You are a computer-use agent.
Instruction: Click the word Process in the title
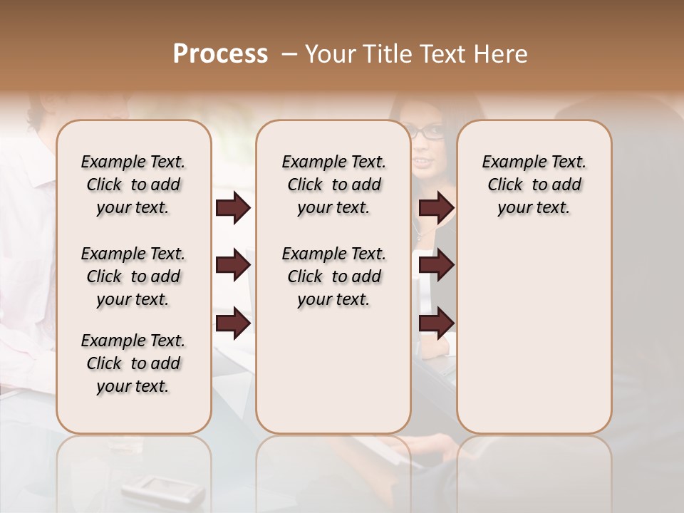click(x=220, y=54)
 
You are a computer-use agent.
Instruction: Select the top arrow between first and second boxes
click(x=233, y=208)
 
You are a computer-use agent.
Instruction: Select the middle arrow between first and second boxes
click(x=233, y=266)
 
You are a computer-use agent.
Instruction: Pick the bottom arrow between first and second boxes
click(x=233, y=323)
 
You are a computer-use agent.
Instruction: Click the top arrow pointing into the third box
click(x=436, y=208)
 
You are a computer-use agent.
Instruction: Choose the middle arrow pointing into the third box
click(x=436, y=266)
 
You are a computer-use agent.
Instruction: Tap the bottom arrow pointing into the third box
click(x=436, y=323)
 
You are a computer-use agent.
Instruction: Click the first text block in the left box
click(x=133, y=185)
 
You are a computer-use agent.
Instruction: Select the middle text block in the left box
click(x=133, y=276)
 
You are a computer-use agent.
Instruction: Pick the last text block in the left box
click(x=133, y=363)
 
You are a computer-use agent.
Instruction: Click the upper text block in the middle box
click(x=333, y=185)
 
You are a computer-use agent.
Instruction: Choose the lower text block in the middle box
click(x=333, y=276)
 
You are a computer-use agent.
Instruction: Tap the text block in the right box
click(x=534, y=185)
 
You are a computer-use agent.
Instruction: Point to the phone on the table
click(x=145, y=488)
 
